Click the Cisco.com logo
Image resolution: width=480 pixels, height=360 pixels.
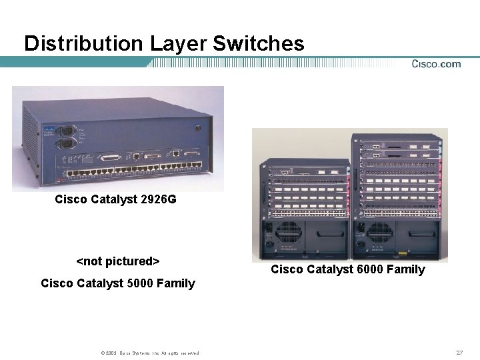point(436,64)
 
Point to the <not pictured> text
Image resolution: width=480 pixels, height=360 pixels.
point(118,261)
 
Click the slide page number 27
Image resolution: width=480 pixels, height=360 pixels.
point(459,352)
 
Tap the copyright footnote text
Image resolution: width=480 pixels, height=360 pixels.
point(147,353)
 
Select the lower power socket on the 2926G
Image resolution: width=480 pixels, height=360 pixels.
point(67,143)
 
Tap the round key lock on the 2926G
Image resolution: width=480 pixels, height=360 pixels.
point(198,128)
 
